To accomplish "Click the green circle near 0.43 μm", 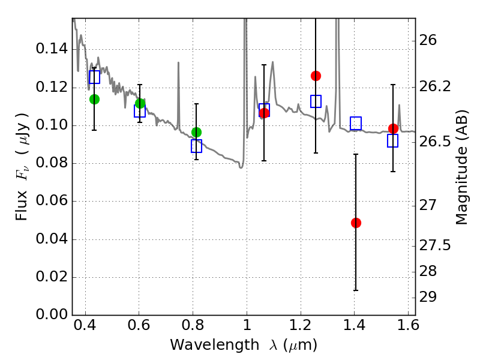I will (x=94, y=99).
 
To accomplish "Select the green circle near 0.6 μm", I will (x=140, y=104).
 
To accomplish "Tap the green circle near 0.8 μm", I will (x=196, y=132).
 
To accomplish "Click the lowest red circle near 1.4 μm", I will (x=356, y=223).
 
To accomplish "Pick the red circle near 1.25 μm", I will (x=316, y=76).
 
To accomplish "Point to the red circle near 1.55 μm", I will (x=393, y=128).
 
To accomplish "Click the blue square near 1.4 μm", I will (x=356, y=124).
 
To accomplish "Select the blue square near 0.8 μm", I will (x=196, y=146).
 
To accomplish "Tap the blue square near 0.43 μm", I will (x=94, y=77).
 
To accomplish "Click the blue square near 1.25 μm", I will (x=316, y=101).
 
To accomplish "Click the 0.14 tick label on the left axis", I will (x=52, y=49).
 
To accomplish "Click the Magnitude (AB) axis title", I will (x=461, y=167).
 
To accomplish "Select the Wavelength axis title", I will (x=243, y=345).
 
